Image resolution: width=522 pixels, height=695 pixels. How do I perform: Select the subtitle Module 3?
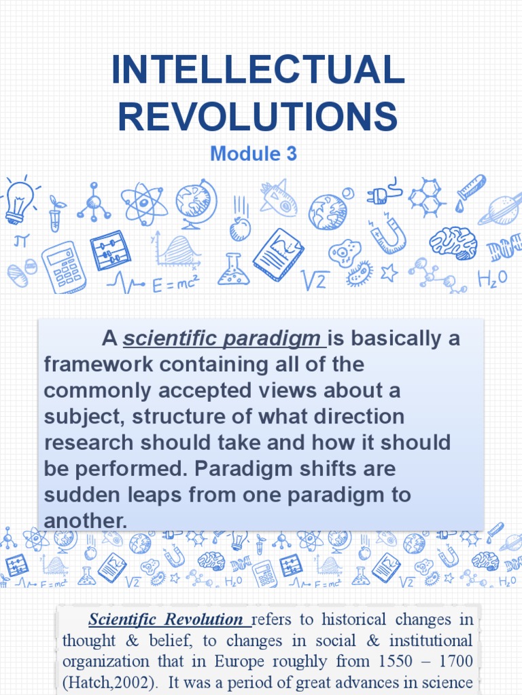[254, 153]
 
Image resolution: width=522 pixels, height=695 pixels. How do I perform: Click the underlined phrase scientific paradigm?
[222, 338]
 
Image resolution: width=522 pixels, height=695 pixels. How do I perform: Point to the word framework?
[95, 364]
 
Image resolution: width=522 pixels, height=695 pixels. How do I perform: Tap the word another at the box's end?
[85, 521]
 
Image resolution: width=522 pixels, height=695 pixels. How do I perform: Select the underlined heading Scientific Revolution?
[165, 619]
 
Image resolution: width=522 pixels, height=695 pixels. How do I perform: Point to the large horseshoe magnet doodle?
[387, 235]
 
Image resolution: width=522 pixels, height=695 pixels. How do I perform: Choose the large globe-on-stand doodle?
[196, 203]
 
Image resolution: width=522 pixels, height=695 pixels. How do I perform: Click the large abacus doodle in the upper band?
[111, 250]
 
